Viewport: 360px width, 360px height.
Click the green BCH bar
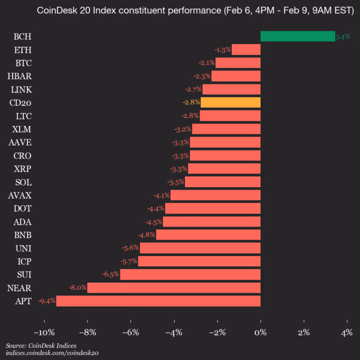(x=297, y=36)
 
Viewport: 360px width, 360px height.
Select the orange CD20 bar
(x=230, y=102)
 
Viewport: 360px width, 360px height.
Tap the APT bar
(x=158, y=301)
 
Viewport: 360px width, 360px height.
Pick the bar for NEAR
(x=174, y=287)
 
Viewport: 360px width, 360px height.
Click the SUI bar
(x=190, y=274)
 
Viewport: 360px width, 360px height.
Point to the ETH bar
(x=246, y=49)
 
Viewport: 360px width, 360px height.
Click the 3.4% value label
(x=343, y=36)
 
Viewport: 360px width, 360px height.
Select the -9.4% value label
(x=47, y=301)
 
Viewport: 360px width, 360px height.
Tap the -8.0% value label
(x=78, y=287)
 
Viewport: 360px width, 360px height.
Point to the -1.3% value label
(x=222, y=49)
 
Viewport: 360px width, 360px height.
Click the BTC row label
(x=23, y=63)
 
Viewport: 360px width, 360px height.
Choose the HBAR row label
(x=20, y=76)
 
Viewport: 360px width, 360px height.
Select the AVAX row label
(x=20, y=195)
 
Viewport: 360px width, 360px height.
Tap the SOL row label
(x=23, y=182)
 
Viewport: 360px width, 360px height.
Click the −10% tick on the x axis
(x=43, y=332)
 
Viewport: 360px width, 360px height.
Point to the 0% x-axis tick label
(x=260, y=332)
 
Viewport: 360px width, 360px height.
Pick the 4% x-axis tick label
(x=346, y=332)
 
